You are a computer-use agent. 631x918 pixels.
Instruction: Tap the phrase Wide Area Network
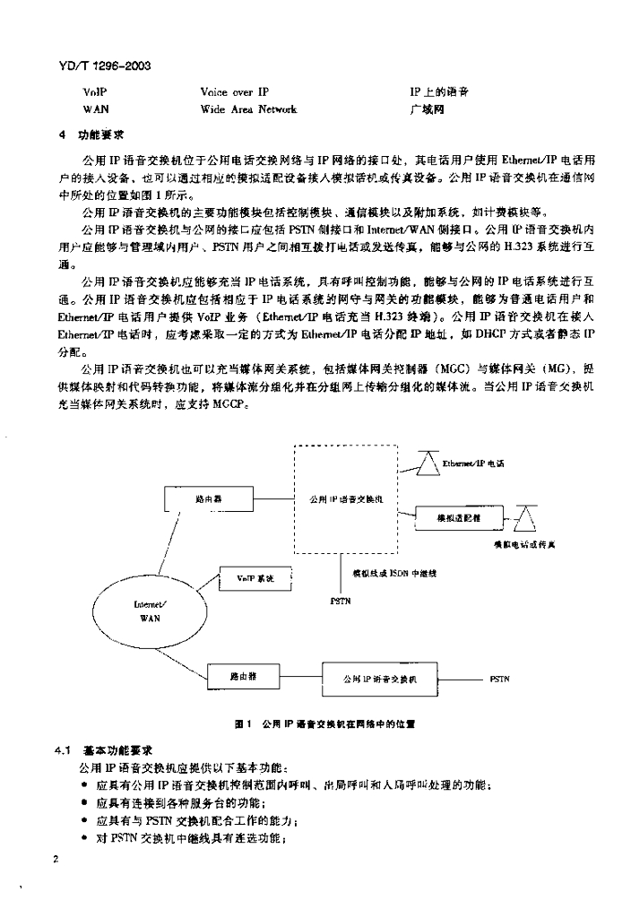click(248, 109)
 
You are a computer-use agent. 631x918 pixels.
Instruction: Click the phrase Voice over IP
click(235, 92)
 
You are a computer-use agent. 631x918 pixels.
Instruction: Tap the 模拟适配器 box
click(457, 517)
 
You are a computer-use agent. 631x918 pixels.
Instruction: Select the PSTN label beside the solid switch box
click(500, 679)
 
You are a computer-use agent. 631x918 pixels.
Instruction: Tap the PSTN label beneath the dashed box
click(341, 599)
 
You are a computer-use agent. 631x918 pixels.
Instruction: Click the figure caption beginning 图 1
click(323, 723)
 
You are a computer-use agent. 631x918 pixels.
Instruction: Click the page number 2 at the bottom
click(56, 859)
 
